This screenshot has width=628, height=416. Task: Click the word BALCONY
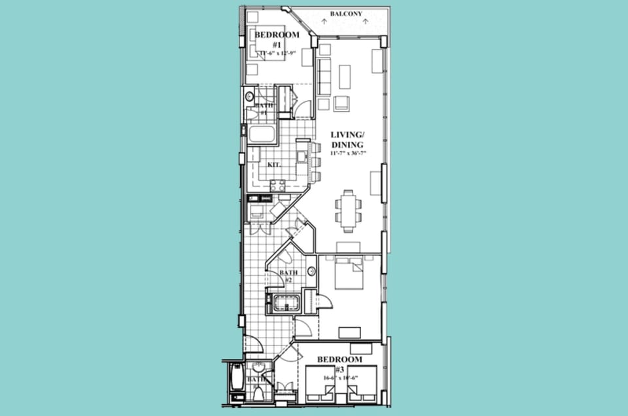click(346, 13)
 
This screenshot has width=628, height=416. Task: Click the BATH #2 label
click(288, 276)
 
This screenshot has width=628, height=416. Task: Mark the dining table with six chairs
click(347, 209)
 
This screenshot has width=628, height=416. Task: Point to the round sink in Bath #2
click(311, 271)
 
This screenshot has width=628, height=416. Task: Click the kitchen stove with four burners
click(278, 186)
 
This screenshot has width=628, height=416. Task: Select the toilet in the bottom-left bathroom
click(258, 394)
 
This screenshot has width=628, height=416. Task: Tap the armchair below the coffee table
click(341, 103)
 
